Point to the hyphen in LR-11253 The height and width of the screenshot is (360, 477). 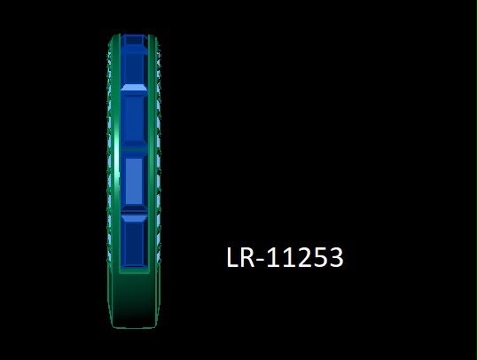[261, 260]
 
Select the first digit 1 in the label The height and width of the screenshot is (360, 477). [273, 257]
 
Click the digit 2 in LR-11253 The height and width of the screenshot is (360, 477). [303, 257]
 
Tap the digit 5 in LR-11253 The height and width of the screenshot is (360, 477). [319, 257]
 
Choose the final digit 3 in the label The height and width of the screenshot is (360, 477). [335, 257]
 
